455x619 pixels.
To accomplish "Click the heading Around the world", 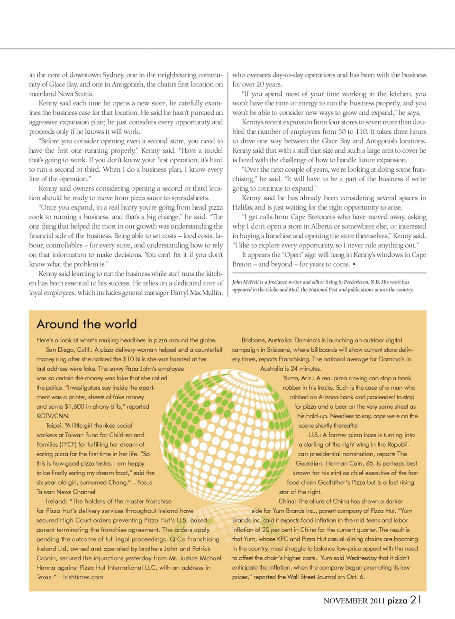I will (87, 324).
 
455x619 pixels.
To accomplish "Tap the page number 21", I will (416, 600).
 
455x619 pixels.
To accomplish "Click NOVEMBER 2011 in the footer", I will (354, 601).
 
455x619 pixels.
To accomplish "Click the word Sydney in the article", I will (113, 75).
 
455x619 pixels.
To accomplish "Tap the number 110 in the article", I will (347, 131).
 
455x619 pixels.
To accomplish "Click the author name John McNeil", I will (245, 282).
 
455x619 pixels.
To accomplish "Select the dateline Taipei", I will (54, 426).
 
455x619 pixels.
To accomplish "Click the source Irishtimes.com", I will (83, 577).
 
